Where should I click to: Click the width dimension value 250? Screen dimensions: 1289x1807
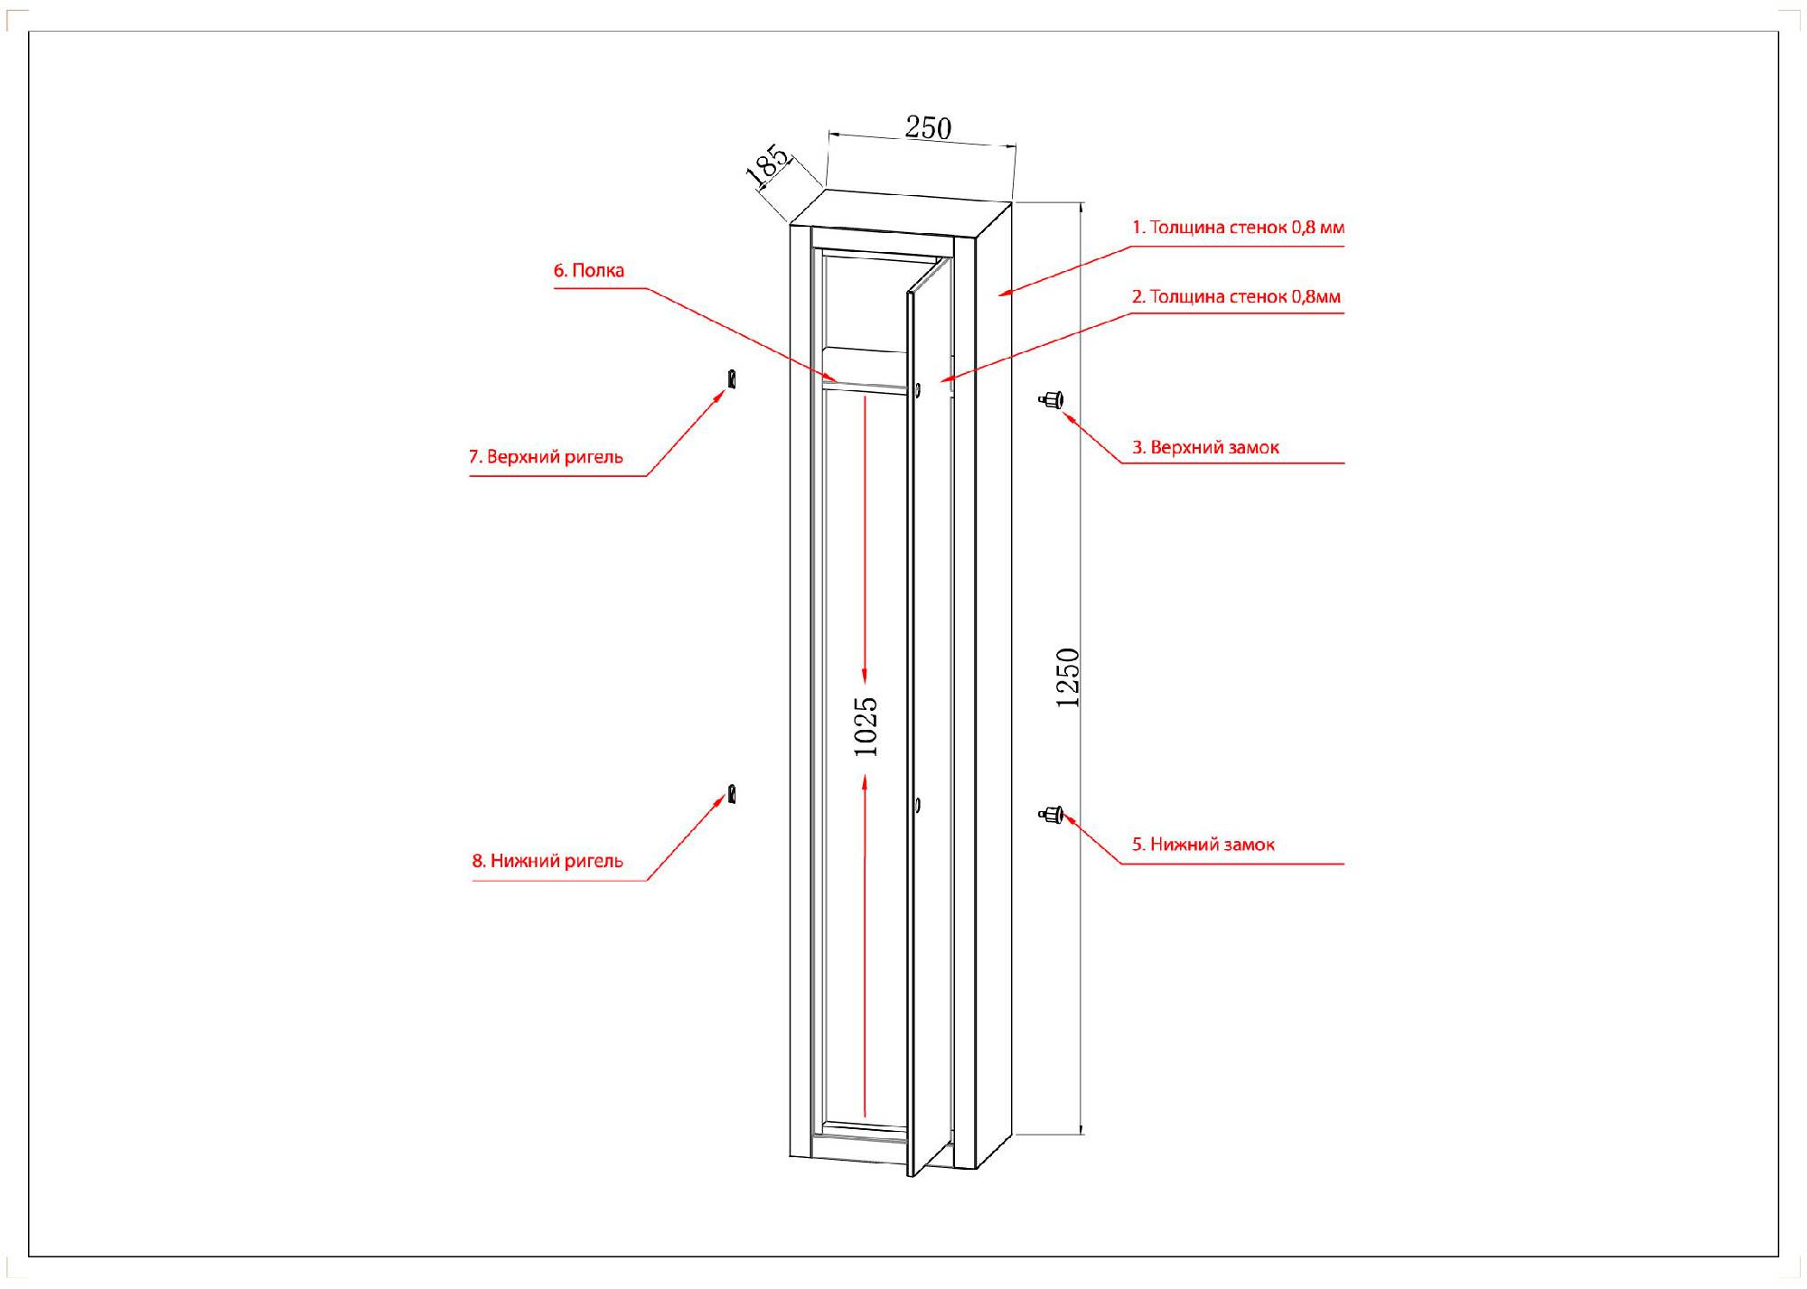928,128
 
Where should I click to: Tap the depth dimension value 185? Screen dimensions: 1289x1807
768,166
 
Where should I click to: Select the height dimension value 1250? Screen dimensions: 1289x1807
1068,677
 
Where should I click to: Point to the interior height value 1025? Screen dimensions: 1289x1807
866,725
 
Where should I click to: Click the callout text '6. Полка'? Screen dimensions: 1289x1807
588,270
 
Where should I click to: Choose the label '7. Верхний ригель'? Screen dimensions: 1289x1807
546,457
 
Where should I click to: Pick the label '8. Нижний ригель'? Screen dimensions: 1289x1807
548,861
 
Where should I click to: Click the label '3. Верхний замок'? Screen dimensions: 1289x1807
1205,447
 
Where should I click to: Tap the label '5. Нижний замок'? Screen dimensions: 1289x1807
1203,845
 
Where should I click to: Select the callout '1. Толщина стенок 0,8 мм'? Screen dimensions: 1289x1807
1238,228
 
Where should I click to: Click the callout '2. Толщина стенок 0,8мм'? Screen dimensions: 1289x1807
1236,296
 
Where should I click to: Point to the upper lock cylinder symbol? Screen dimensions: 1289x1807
1052,399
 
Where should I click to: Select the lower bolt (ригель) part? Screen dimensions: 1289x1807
732,795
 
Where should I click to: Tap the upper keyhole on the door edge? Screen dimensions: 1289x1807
918,390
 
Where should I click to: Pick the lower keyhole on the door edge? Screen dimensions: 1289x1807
917,804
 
